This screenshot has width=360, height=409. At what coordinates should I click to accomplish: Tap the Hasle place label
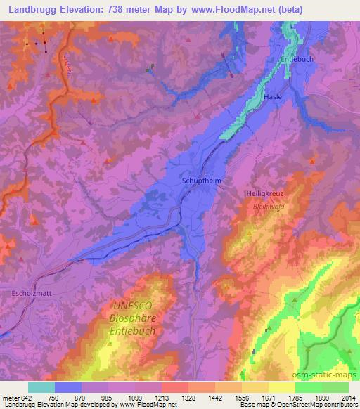click(274, 96)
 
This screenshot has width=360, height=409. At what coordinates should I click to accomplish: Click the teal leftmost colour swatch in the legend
click(41, 387)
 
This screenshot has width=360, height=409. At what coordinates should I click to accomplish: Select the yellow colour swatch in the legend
click(281, 387)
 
